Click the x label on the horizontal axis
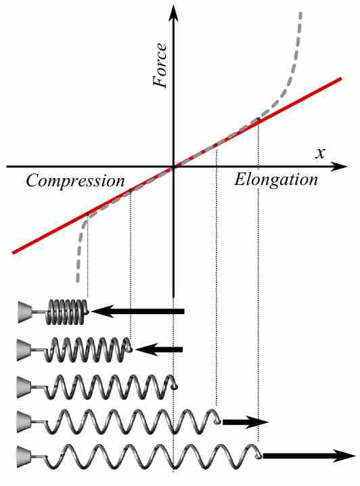tap(319, 152)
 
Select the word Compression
tap(76, 181)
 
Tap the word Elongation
tap(276, 180)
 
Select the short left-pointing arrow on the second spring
tap(159, 349)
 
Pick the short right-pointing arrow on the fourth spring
tap(246, 422)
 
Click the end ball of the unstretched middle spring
tap(177, 386)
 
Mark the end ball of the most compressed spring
tap(87, 311)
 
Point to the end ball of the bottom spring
tap(258, 456)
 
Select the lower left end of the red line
tap(14, 252)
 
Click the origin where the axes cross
tap(174, 166)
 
